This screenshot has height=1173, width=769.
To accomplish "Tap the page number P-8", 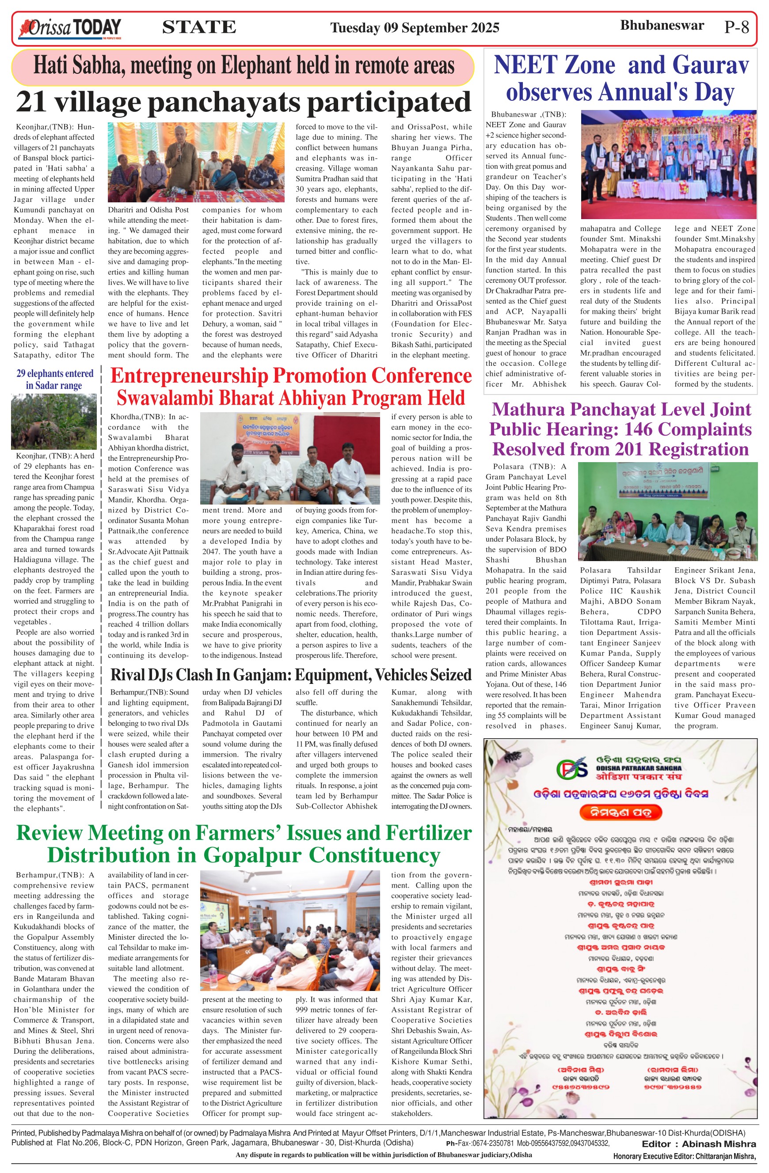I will [736, 27].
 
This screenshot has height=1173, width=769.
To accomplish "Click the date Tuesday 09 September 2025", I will [415, 27].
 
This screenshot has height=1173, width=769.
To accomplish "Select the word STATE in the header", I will [199, 27].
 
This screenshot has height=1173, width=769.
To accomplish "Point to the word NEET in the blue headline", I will [555, 65].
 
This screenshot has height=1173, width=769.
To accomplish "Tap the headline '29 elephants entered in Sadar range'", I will [54, 380].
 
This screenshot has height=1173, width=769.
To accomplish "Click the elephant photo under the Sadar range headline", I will [54, 421].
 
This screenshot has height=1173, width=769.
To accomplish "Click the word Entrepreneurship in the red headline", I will [189, 376].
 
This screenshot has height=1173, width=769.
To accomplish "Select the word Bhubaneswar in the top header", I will [662, 26].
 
